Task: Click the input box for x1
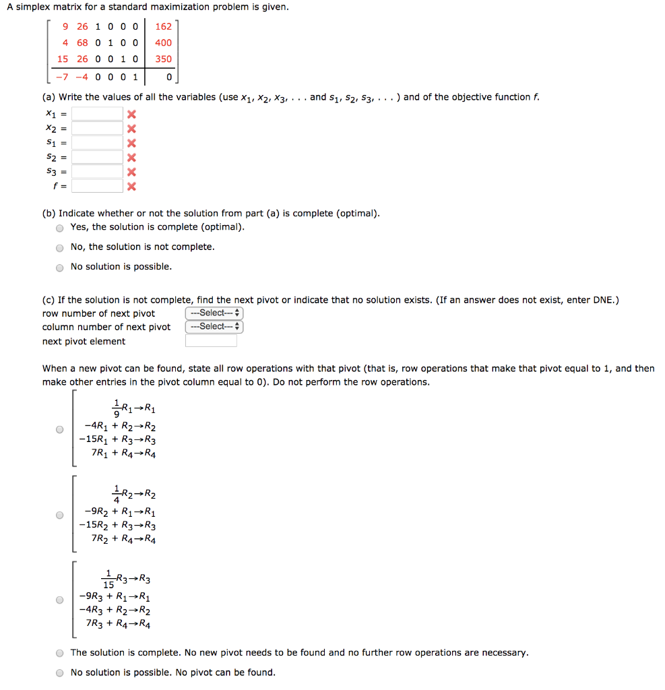[x=98, y=114]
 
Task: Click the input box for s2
[x=98, y=157]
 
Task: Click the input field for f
[x=98, y=186]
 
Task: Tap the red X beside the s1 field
[x=132, y=143]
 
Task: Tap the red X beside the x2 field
[x=132, y=129]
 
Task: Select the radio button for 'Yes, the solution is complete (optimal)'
[x=60, y=228]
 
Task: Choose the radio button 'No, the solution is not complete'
[x=60, y=247]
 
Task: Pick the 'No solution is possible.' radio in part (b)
[x=60, y=267]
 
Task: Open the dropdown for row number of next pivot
[x=214, y=313]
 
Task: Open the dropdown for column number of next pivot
[x=214, y=327]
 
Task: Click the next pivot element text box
[x=211, y=341]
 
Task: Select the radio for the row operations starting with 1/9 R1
[x=60, y=429]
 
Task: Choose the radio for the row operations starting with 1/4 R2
[x=60, y=515]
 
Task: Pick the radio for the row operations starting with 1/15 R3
[x=60, y=600]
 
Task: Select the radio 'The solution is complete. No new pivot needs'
[x=60, y=653]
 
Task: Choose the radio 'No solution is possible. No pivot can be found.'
[x=60, y=672]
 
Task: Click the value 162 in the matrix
[x=163, y=27]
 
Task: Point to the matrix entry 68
[x=82, y=42]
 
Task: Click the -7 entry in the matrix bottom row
[x=62, y=76]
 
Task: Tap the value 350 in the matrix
[x=163, y=59]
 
